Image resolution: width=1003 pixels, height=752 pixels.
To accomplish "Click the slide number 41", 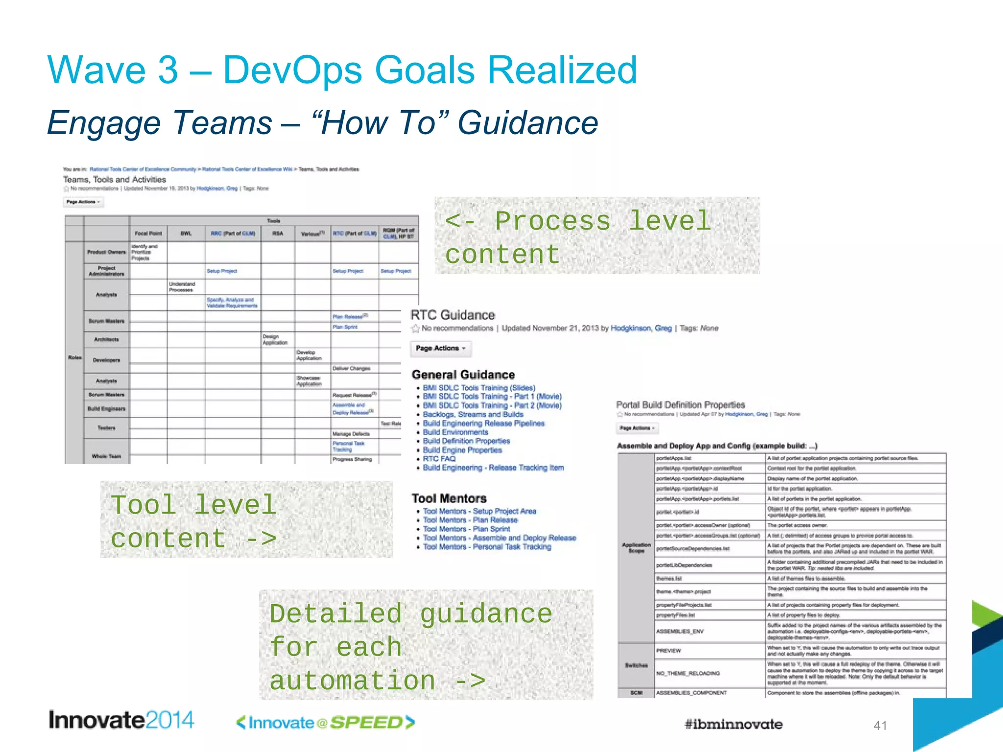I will [x=880, y=726].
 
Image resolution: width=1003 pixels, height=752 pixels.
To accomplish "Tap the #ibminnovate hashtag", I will [x=733, y=724].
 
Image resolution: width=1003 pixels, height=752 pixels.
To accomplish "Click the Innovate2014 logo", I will [x=121, y=720].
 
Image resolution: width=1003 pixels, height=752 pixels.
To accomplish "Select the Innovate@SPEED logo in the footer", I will [x=325, y=723].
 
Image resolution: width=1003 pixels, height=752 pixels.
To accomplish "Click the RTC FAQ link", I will [x=439, y=459].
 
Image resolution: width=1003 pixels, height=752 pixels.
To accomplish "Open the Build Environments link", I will [x=455, y=432].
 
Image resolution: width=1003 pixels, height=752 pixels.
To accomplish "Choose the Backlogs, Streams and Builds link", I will [x=473, y=414].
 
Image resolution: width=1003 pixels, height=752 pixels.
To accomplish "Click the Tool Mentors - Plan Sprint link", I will [x=466, y=529].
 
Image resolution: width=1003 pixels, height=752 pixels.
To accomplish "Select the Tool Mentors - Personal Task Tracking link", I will [x=487, y=546].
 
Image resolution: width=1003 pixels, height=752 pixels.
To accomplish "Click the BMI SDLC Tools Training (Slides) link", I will [x=479, y=388].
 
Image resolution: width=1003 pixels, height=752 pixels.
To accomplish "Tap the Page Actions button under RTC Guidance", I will [x=440, y=348].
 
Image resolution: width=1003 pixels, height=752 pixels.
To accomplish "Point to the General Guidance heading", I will [x=463, y=375].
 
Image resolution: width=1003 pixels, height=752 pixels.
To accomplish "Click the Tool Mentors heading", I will [x=449, y=498].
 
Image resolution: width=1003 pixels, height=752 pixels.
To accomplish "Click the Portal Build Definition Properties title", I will [x=680, y=405].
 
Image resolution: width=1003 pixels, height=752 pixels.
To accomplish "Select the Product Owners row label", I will [x=106, y=252].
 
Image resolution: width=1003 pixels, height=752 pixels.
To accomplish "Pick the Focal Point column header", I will [x=148, y=234].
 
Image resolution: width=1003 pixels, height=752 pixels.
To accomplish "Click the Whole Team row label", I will [x=106, y=456].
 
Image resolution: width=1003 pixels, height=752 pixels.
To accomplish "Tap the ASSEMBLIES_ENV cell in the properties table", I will [x=680, y=631].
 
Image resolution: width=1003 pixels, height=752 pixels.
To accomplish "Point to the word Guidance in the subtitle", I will [x=527, y=122].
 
